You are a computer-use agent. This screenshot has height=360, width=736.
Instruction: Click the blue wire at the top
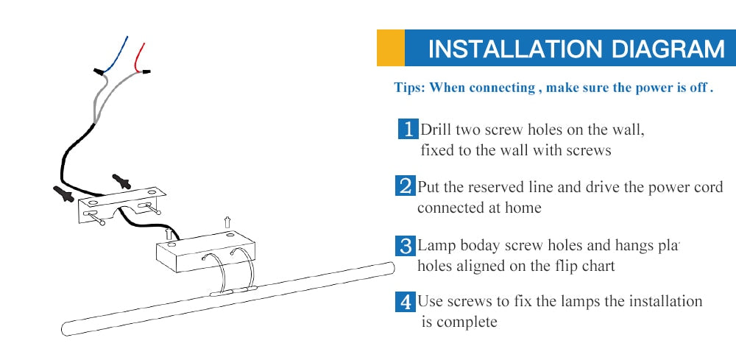click(x=117, y=54)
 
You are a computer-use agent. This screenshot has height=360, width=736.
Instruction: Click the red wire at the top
click(x=138, y=57)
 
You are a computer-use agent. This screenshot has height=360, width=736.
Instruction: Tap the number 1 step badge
click(x=408, y=129)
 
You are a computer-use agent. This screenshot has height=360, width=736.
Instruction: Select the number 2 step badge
click(x=405, y=186)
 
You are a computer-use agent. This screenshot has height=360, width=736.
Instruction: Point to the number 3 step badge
click(x=405, y=246)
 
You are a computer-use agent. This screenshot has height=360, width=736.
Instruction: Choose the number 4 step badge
click(x=405, y=302)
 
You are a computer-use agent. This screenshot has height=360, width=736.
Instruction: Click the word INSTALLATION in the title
click(x=515, y=49)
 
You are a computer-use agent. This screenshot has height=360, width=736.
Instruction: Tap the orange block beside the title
click(x=391, y=48)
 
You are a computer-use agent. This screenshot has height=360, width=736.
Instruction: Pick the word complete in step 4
click(x=467, y=322)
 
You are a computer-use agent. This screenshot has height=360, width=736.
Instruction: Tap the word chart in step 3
click(x=597, y=266)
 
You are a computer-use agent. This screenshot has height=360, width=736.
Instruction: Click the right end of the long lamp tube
click(x=391, y=267)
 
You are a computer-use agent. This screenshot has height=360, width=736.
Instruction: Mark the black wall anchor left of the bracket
click(x=63, y=193)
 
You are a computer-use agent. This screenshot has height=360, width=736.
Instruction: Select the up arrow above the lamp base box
click(x=227, y=222)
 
